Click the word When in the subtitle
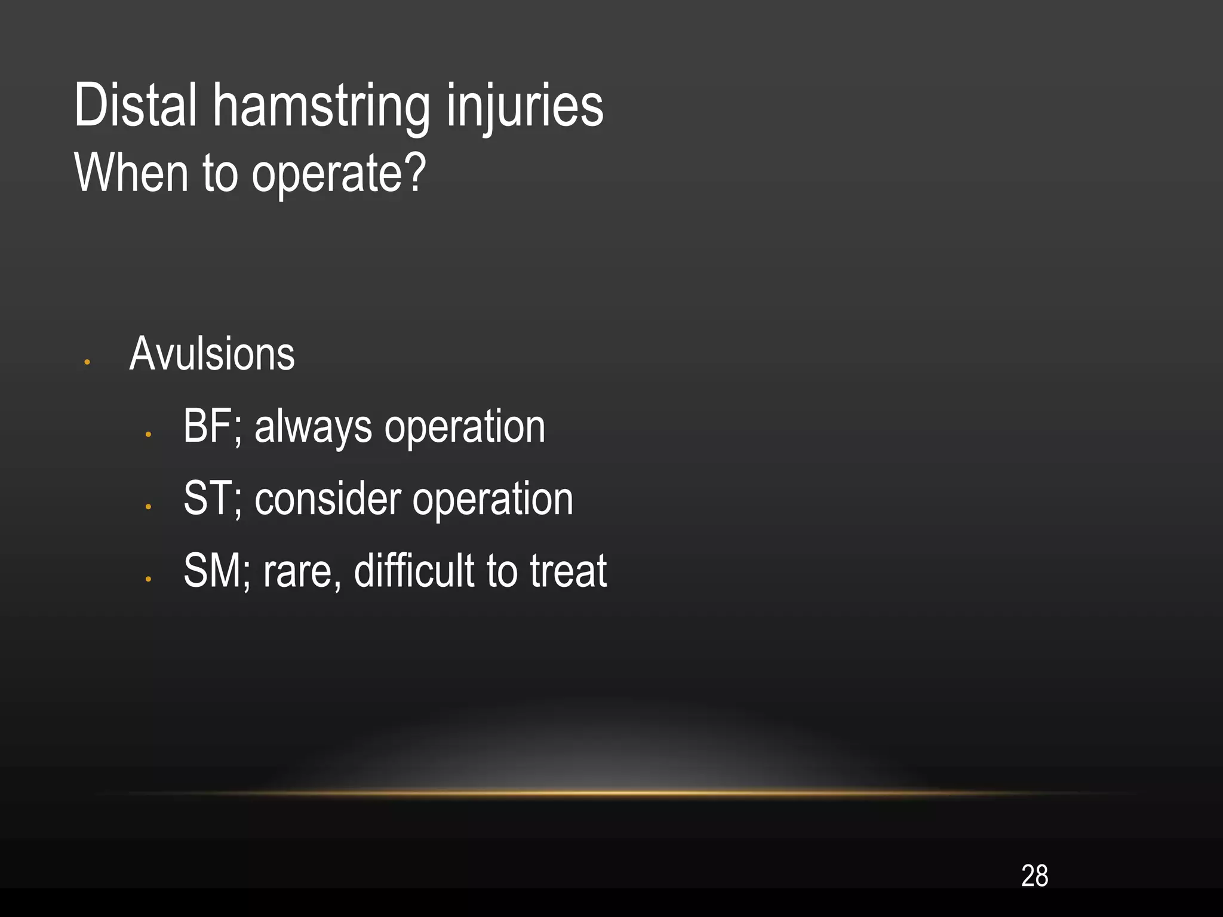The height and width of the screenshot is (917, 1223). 131,173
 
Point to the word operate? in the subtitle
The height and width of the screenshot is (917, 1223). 339,174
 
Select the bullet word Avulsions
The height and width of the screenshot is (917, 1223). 212,354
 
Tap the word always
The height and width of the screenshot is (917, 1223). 313,428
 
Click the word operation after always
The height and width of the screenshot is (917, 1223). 465,428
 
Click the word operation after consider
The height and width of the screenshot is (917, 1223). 493,500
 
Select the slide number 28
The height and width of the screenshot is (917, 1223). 1034,876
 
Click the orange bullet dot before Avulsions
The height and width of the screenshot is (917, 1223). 87,362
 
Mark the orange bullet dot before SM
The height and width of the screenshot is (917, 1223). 148,578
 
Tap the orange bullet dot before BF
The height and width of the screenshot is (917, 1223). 148,435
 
